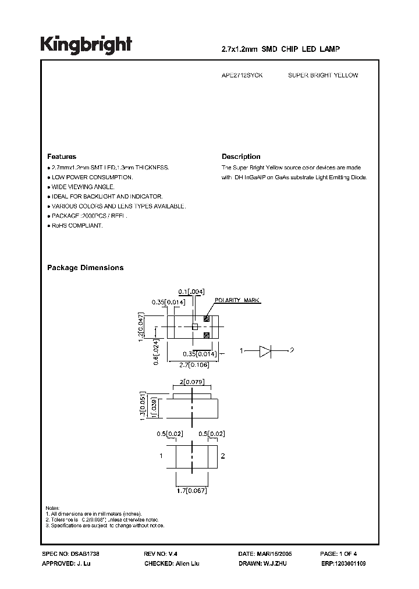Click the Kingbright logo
pos(86,45)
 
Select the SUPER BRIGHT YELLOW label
pos(323,76)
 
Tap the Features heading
pos(62,157)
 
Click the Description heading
pos(241,157)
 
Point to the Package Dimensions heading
pos(85,268)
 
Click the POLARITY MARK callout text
pos(237,301)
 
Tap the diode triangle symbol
pos(265,350)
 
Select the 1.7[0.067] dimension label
pos(193,491)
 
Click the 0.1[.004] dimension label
pos(191,291)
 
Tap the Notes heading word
pos(52,508)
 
